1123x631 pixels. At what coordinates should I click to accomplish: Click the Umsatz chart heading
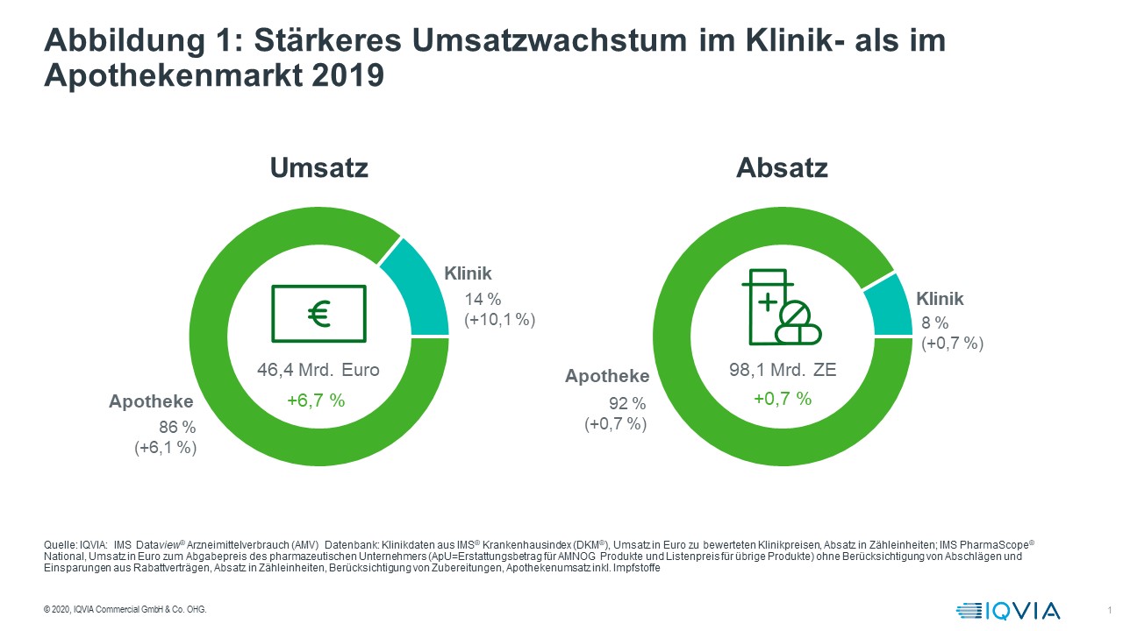click(x=318, y=167)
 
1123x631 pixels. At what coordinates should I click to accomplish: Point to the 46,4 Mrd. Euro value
click(x=318, y=370)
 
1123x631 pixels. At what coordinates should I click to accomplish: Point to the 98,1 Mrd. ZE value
click(x=783, y=370)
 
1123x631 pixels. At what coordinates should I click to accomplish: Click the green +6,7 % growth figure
click(x=316, y=400)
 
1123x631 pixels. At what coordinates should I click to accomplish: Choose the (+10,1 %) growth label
click(x=499, y=321)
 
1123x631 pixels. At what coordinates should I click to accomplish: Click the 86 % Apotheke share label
click(x=178, y=428)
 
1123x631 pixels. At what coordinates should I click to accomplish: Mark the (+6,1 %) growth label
click(x=165, y=448)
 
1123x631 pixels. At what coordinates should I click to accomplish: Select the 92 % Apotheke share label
click(x=628, y=404)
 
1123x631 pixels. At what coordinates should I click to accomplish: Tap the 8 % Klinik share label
click(x=934, y=324)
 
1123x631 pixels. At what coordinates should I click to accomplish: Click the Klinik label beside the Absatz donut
click(x=940, y=300)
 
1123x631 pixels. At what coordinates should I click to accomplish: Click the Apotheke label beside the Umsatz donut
click(x=151, y=402)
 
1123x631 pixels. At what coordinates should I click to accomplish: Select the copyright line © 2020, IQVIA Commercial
click(x=125, y=610)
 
